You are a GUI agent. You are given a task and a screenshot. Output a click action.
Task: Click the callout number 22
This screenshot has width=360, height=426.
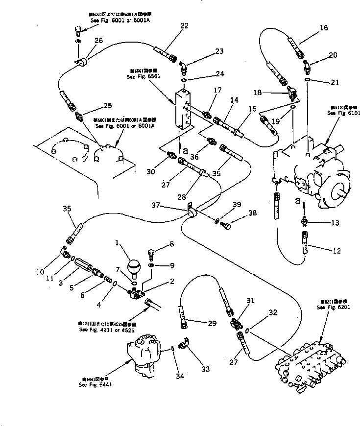[x=184, y=26]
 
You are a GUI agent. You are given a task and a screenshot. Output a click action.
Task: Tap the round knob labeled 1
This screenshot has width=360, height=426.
[x=134, y=268]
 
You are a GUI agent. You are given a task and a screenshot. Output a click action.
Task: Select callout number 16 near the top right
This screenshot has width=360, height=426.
[x=323, y=28]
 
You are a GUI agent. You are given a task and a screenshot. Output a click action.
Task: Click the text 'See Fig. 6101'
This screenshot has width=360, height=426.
[x=344, y=113]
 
